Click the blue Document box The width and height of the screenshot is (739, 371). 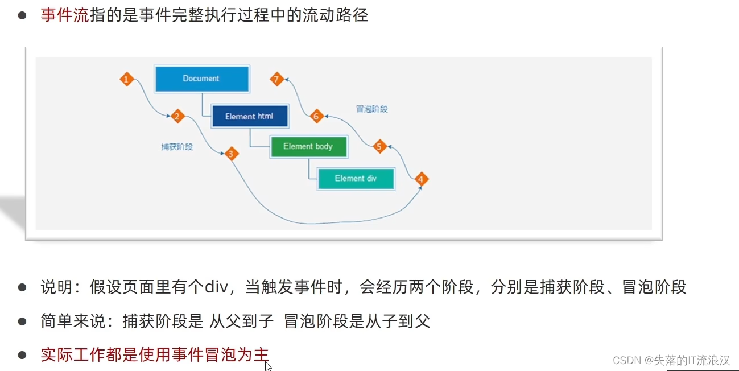tap(201, 79)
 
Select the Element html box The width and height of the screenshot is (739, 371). tap(249, 117)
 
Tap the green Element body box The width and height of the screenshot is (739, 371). tap(308, 147)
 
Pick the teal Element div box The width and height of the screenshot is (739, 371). tap(356, 179)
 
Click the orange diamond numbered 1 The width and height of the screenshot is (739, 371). tap(127, 79)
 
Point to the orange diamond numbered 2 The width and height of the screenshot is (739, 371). tap(177, 117)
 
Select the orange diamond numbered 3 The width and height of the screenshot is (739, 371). tap(230, 154)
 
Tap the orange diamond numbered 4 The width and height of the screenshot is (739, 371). tap(420, 180)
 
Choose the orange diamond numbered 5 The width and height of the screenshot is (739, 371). tap(380, 146)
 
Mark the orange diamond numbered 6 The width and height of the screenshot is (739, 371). tap(317, 117)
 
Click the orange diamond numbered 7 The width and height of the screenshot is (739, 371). tap(277, 79)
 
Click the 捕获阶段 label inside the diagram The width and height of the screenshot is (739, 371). tap(177, 147)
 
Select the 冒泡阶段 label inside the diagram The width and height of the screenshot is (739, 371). tap(372, 109)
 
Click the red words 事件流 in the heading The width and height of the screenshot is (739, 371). tap(64, 15)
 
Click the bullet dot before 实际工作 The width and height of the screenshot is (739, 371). tap(22, 356)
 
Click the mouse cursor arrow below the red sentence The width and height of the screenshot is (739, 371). tap(267, 366)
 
